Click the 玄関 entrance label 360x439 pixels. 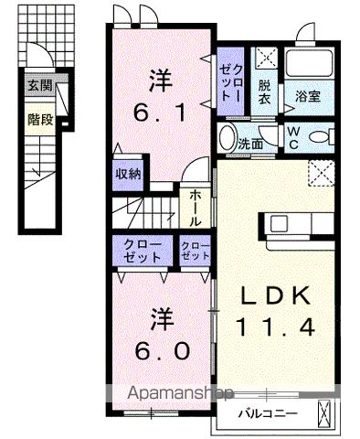(x=39, y=86)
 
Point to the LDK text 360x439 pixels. (x=277, y=296)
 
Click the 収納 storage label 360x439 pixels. (x=128, y=174)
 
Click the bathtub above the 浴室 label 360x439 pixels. (x=311, y=64)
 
